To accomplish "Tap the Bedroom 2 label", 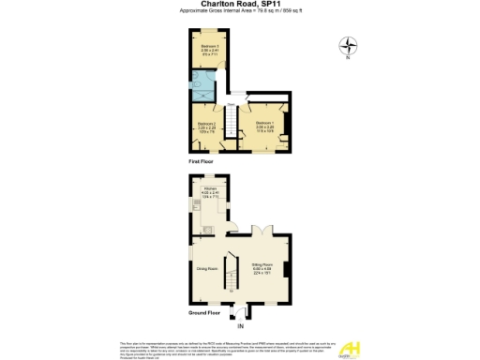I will point(207,127).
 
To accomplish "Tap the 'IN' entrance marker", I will point(239,325).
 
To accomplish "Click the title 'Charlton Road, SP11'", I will point(239,4).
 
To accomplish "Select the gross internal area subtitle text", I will point(239,10).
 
